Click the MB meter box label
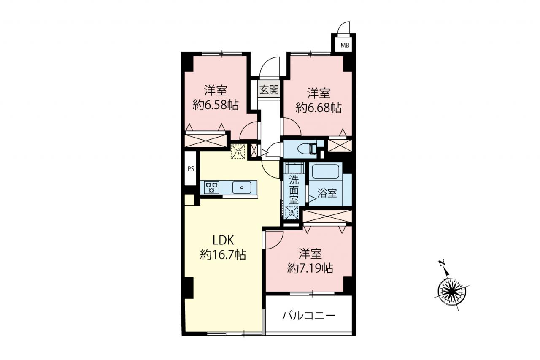click(x=345, y=45)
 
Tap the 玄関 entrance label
click(x=269, y=90)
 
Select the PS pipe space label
click(x=191, y=169)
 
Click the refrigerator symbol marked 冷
click(x=238, y=152)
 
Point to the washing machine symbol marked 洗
click(x=292, y=213)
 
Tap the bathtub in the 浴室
click(x=326, y=171)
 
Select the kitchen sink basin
click(x=242, y=187)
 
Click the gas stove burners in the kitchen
click(x=212, y=187)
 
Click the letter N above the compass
click(x=442, y=263)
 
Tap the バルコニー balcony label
click(x=308, y=316)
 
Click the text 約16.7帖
click(x=223, y=254)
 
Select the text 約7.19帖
click(x=310, y=268)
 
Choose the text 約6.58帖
click(x=216, y=105)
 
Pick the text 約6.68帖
click(x=319, y=108)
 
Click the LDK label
click(x=223, y=241)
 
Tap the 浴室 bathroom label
click(x=327, y=193)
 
